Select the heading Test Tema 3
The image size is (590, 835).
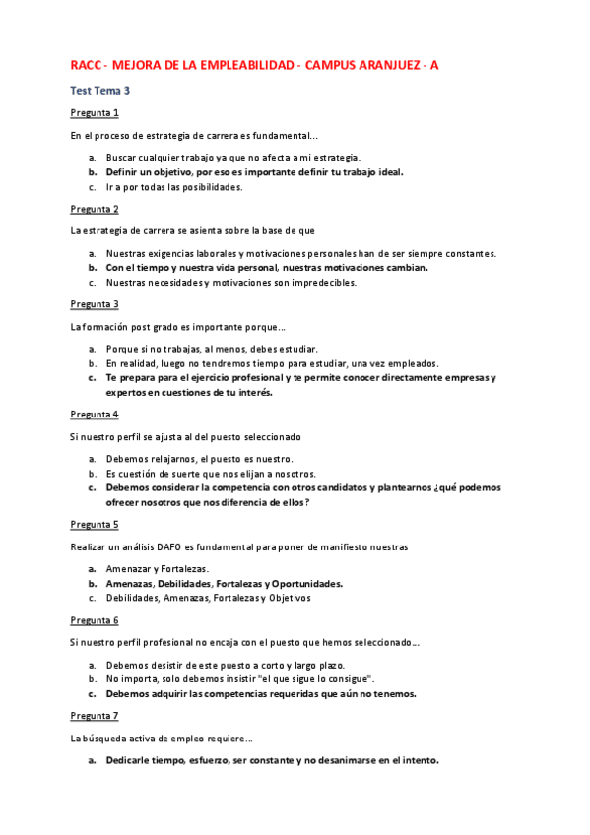tap(100, 91)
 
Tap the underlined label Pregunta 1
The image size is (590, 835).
tap(95, 113)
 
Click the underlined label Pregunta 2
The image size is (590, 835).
tap(95, 209)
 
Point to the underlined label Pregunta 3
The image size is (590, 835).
tap(95, 304)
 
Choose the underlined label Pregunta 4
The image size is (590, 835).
tap(95, 414)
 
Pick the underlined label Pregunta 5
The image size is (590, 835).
tap(95, 524)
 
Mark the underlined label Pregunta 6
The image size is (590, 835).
tap(95, 619)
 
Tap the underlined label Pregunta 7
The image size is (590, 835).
tap(95, 715)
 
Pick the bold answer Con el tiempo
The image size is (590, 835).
tap(266, 267)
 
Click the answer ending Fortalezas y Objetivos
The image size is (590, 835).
tap(208, 597)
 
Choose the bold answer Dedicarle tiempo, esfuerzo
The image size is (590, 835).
tap(272, 759)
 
